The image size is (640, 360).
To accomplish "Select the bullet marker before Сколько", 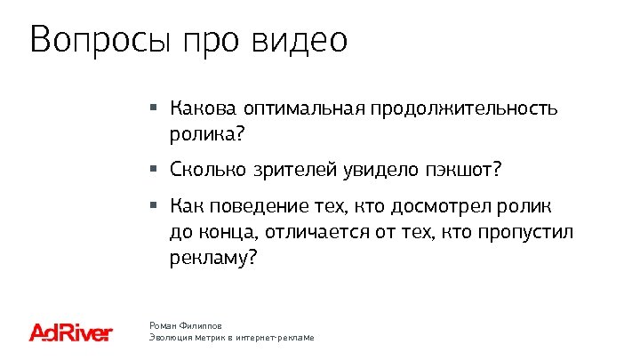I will coord(153,167).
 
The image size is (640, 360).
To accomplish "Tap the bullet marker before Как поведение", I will coord(153,206).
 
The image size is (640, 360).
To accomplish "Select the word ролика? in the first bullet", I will coord(205,136).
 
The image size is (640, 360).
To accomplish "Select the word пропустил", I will coord(527,233).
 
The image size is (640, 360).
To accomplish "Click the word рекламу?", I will coord(212,259).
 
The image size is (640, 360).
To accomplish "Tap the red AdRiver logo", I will coord(71,332).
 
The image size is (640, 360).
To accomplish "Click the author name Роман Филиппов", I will coord(185,326).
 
